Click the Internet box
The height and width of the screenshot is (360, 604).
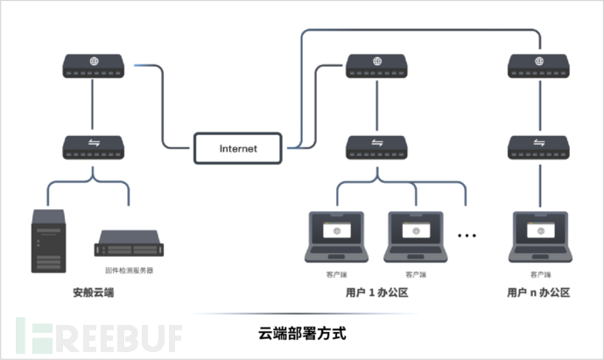coord(238,148)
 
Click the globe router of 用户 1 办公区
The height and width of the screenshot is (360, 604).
coord(376,66)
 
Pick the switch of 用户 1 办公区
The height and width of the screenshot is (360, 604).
coord(376,146)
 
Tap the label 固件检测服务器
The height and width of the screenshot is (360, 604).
coord(129,272)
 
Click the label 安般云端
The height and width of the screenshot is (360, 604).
coord(94,293)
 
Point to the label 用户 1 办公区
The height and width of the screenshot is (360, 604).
coord(377,293)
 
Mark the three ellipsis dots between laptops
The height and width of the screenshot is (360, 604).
coord(468,235)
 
